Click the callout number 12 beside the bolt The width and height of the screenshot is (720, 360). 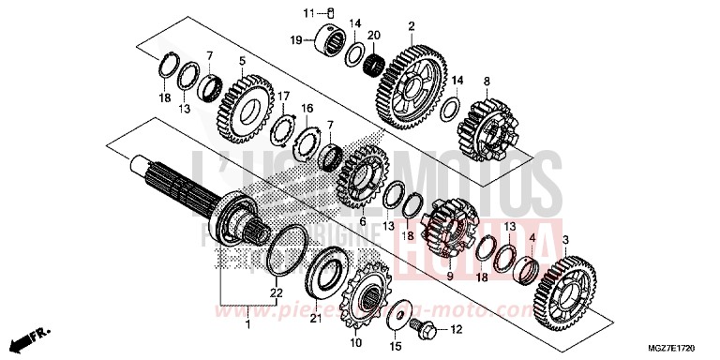click(457, 329)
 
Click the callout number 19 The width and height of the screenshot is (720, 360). click(295, 41)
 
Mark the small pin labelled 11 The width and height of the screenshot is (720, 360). click(330, 13)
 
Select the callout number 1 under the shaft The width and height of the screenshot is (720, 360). click(247, 324)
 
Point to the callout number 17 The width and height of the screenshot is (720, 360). click(282, 95)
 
